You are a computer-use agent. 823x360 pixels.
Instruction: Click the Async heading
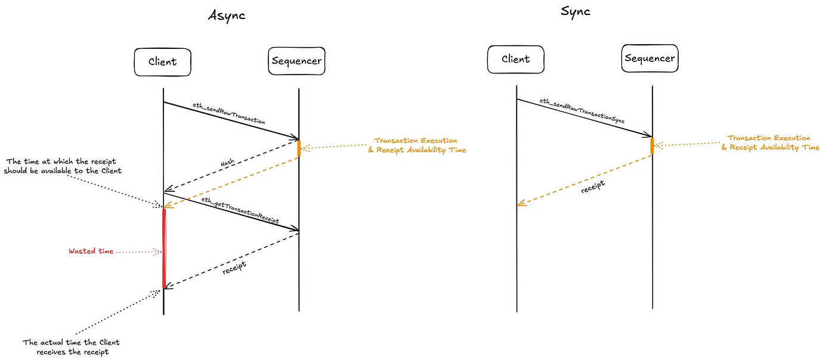point(226,16)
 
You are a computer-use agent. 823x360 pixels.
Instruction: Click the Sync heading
point(576,11)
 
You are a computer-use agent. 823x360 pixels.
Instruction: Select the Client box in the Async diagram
point(163,62)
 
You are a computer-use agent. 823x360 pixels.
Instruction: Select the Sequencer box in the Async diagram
point(296,61)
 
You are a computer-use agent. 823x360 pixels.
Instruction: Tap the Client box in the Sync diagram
point(515,59)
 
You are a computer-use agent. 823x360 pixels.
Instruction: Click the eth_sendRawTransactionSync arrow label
point(581,111)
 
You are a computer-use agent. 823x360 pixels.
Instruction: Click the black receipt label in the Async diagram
point(234,268)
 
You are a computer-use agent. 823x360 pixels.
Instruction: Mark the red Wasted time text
point(91,252)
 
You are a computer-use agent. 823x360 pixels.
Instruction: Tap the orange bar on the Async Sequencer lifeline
point(299,148)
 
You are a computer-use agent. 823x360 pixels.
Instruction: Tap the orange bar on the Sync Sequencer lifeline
point(652,145)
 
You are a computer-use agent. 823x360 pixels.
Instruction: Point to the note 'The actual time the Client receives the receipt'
point(71,347)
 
